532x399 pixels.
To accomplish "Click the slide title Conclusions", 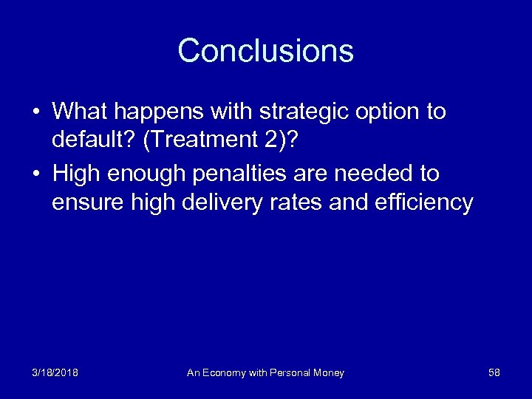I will point(265,51).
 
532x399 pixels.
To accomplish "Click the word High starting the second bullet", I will point(76,174).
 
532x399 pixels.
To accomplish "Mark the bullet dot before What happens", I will point(35,112).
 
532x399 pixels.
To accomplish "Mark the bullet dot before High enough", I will point(35,174).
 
